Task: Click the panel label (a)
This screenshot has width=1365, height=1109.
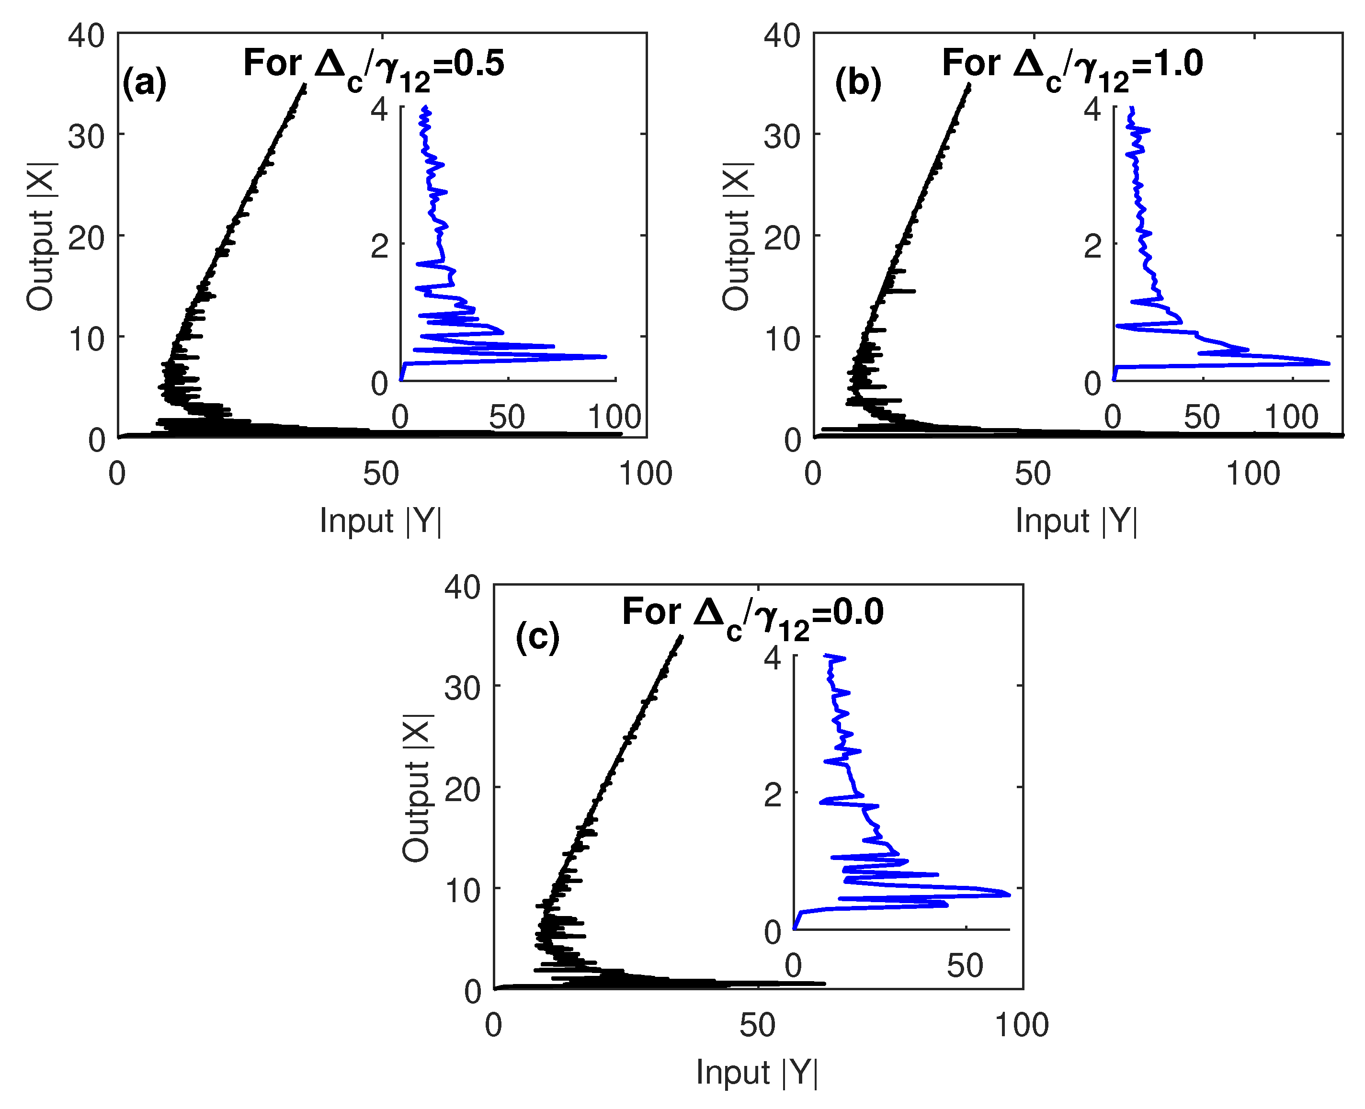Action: point(145,82)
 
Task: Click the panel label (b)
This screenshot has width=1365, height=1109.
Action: point(858,82)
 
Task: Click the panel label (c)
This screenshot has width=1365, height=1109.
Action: point(537,637)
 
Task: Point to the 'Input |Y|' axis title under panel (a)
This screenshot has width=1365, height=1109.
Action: point(380,521)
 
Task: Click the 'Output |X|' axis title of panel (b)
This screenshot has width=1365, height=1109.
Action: point(736,237)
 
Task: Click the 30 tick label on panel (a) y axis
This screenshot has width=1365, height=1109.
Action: point(86,136)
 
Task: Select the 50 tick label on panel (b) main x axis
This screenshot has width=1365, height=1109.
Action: point(1033,474)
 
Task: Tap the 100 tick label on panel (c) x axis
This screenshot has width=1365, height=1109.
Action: point(1022,1025)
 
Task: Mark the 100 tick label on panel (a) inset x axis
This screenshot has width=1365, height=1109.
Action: point(614,417)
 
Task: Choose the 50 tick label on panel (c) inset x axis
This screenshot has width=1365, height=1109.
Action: point(965,966)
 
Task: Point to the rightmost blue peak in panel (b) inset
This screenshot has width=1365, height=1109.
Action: point(1329,363)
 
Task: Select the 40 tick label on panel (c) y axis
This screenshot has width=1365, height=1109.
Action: point(463,587)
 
